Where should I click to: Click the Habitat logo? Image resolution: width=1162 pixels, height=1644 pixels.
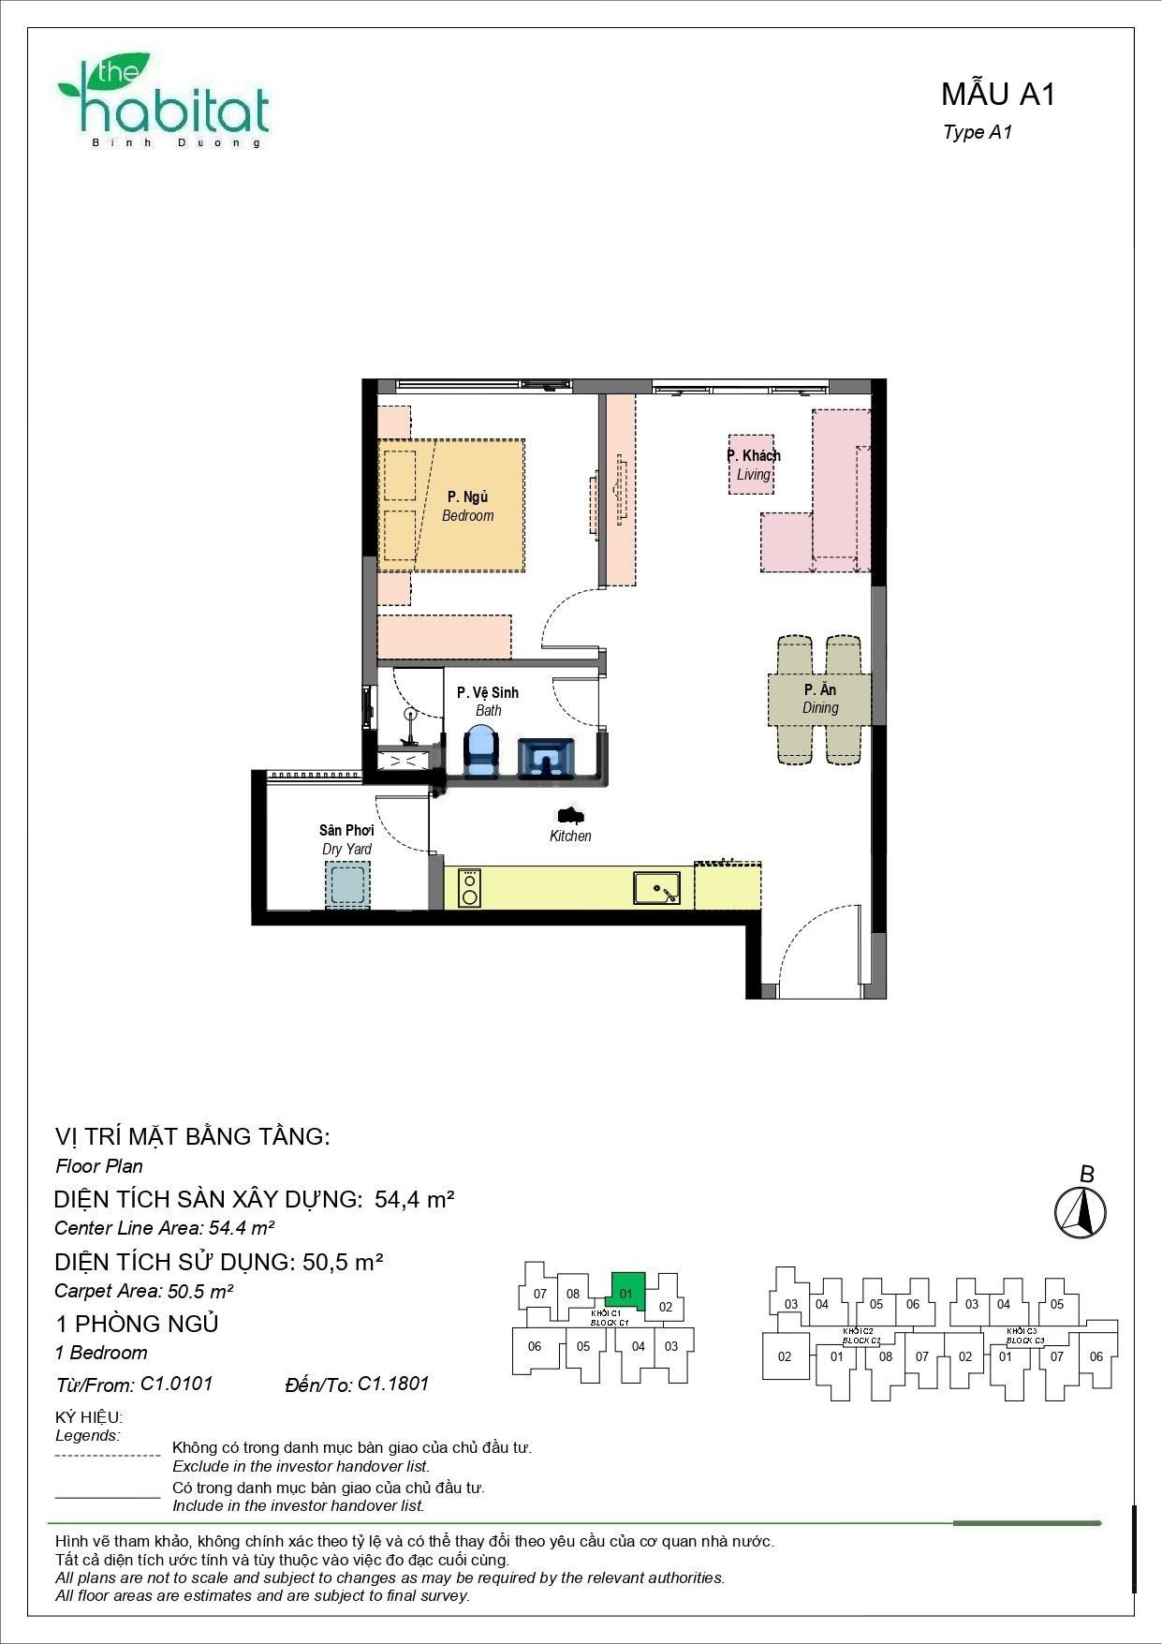click(164, 101)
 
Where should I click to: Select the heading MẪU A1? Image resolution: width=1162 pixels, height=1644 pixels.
click(997, 94)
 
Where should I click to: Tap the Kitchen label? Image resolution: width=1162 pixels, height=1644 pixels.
click(570, 836)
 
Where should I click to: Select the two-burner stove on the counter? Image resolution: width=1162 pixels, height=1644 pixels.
click(469, 887)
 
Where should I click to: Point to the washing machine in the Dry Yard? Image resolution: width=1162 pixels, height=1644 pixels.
click(346, 883)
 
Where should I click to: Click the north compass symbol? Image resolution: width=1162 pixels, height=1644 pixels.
click(1081, 1212)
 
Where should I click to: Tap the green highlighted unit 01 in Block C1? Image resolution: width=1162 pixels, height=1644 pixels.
click(627, 1290)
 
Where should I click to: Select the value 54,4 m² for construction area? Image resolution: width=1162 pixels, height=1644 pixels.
click(414, 1199)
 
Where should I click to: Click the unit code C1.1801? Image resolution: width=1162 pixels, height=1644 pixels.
click(393, 1384)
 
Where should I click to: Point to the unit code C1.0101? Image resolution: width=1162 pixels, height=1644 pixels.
click(177, 1384)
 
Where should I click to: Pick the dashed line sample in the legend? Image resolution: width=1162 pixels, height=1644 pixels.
click(108, 1456)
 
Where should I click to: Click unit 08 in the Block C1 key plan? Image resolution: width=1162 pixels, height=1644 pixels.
click(573, 1294)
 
